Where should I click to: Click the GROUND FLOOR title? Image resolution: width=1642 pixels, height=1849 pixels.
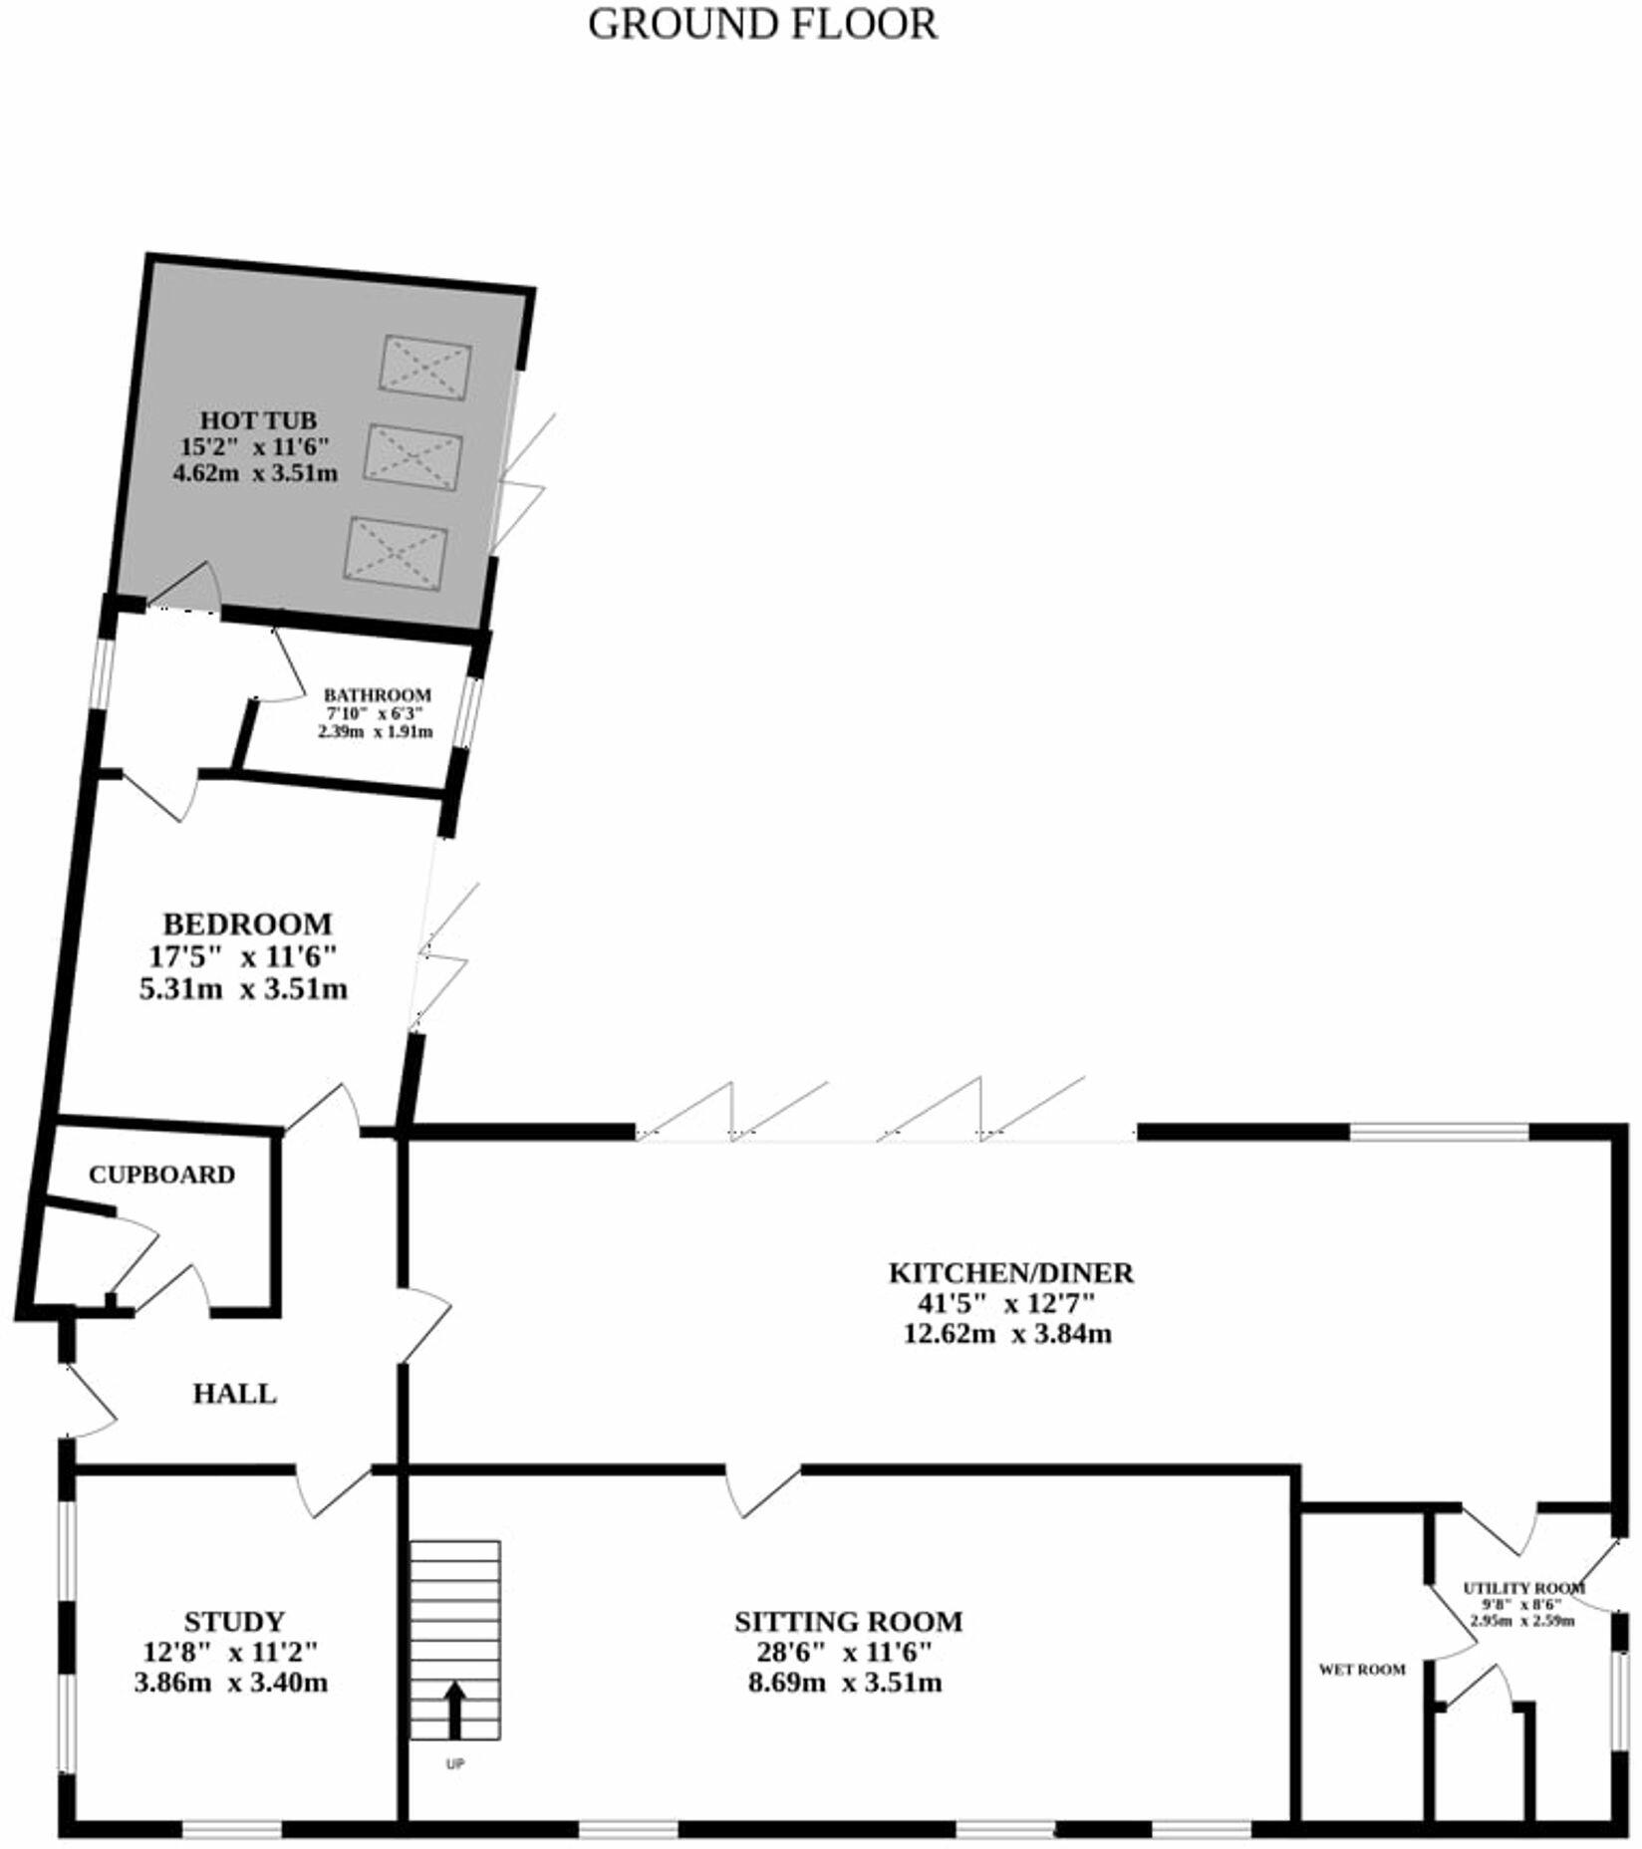coord(762,25)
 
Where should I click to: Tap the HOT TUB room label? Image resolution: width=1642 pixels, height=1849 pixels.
coord(258,419)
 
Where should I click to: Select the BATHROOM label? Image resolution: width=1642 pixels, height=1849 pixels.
coord(378,695)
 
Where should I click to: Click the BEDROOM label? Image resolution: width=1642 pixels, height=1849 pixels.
coord(247,924)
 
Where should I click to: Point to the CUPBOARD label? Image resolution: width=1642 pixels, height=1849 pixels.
coord(161,1175)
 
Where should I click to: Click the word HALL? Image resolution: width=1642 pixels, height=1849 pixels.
coord(234,1394)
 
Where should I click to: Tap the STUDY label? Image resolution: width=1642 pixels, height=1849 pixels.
coord(234,1622)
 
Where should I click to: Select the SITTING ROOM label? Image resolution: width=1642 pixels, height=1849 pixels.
coord(849,1622)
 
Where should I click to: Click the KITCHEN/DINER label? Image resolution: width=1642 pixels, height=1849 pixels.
coord(1010,1273)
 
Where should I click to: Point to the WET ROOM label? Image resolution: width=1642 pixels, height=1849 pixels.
coord(1362,1670)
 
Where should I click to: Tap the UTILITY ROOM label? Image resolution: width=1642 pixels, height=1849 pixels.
coord(1523,1588)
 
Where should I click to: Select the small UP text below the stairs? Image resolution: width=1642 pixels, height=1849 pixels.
coord(455,1764)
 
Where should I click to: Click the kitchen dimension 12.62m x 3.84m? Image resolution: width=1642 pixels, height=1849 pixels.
coord(1007,1334)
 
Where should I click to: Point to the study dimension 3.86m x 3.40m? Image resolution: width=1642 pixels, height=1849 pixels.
coord(231,1684)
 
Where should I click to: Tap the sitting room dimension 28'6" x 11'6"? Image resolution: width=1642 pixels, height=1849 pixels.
coord(844,1653)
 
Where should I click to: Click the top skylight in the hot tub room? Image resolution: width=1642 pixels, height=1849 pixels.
coord(425,368)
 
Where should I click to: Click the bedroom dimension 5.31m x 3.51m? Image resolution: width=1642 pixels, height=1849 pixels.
coord(243,990)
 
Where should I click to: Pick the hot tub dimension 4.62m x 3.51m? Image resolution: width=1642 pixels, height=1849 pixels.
coord(256,473)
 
